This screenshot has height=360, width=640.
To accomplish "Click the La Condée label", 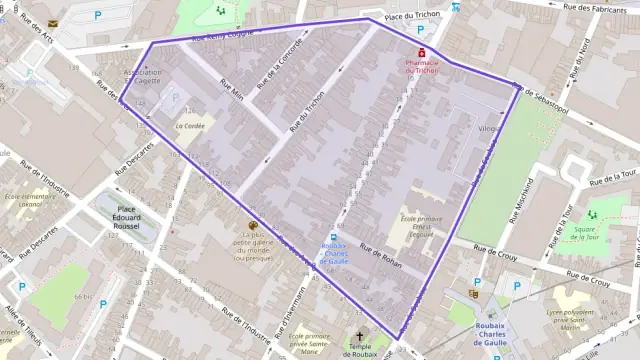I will [x=189, y=127].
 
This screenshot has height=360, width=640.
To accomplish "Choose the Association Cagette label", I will [x=142, y=78].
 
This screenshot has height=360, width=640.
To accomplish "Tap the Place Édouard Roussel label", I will [x=126, y=216].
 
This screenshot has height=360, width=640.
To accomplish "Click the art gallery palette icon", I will [x=252, y=226].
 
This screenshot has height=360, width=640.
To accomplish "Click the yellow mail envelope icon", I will [x=53, y=22].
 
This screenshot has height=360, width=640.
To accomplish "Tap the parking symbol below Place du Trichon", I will [x=421, y=30].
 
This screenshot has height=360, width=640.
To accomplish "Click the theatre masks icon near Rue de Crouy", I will [x=473, y=294].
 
